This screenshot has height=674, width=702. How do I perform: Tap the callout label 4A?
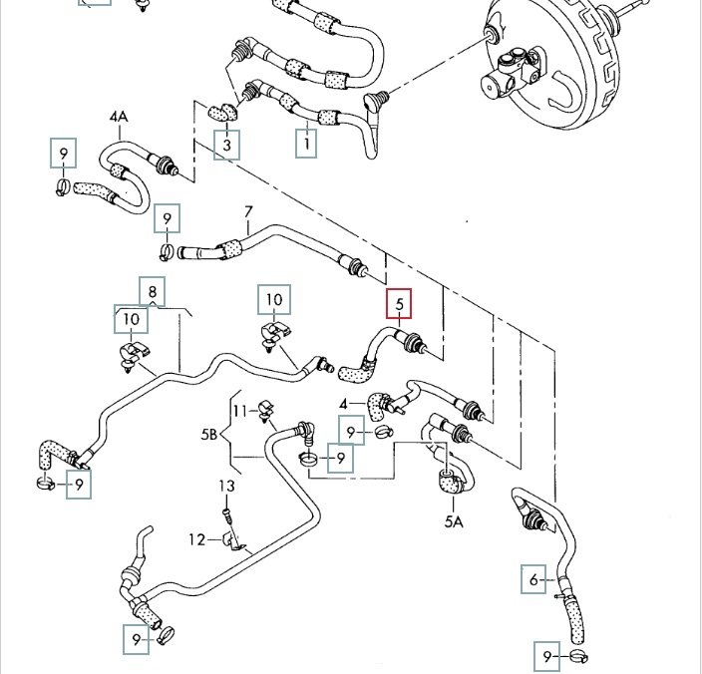119,118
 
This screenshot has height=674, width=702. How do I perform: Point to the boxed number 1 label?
308,144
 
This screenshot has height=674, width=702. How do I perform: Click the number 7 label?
249,211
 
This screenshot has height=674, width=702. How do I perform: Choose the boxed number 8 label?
153,291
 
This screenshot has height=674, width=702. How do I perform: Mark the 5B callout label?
209,435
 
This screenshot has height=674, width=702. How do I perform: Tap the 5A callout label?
454,520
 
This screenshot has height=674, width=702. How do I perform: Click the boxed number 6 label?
534,579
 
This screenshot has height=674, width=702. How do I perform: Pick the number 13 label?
226,486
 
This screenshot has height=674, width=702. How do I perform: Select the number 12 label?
197,539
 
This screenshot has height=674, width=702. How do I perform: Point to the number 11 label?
239,410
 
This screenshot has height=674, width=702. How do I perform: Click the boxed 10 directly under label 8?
131,320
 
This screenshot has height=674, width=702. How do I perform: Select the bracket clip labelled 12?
234,540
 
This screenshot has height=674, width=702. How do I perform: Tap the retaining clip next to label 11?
264,407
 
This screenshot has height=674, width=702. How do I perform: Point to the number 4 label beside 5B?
344,404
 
